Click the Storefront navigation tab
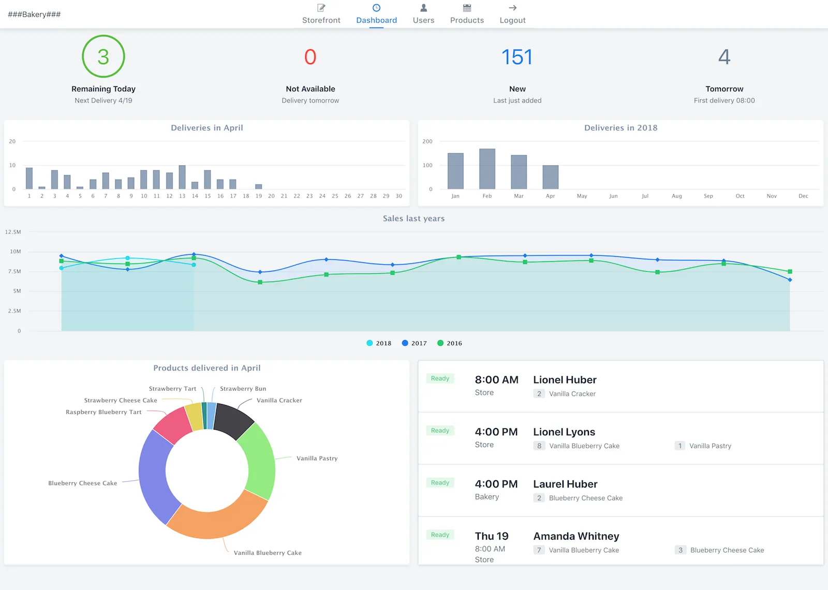(321, 14)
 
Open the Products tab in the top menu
(467, 14)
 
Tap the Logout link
(512, 14)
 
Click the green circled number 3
(103, 56)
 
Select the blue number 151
(517, 57)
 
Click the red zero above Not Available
(310, 57)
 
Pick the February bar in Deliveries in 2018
(487, 169)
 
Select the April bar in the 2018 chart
(550, 177)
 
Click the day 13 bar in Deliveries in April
(182, 177)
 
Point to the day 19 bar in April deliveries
(259, 186)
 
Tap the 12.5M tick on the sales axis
(13, 232)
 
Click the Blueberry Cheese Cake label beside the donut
(82, 483)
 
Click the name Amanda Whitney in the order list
(576, 536)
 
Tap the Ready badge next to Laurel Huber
(440, 483)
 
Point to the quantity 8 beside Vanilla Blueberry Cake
(539, 446)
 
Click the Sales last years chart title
(413, 218)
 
